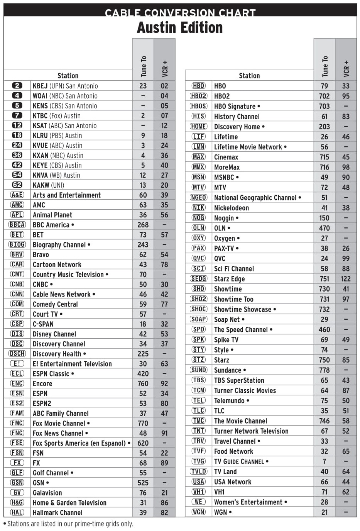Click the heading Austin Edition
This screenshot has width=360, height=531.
[180, 28]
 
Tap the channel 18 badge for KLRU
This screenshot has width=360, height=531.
[17, 135]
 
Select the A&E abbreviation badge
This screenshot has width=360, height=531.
[17, 195]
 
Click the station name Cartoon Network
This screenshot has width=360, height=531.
[57, 265]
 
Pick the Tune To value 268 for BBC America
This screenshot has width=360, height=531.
[143, 225]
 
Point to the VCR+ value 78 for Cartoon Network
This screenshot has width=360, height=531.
[164, 265]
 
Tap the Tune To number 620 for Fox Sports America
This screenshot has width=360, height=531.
[143, 443]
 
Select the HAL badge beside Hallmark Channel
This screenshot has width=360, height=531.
[17, 512]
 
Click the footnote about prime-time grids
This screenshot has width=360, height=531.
[68, 524]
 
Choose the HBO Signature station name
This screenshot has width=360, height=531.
[235, 106]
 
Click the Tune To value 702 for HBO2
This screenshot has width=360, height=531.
[324, 96]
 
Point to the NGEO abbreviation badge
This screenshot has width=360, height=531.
[198, 197]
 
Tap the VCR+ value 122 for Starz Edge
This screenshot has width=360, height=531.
[346, 279]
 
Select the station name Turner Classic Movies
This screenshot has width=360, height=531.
[245, 390]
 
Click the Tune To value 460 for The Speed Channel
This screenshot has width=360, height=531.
[324, 329]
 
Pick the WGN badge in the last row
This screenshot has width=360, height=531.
[198, 512]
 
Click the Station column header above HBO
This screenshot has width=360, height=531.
[249, 76]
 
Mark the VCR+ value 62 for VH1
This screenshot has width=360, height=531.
[346, 492]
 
